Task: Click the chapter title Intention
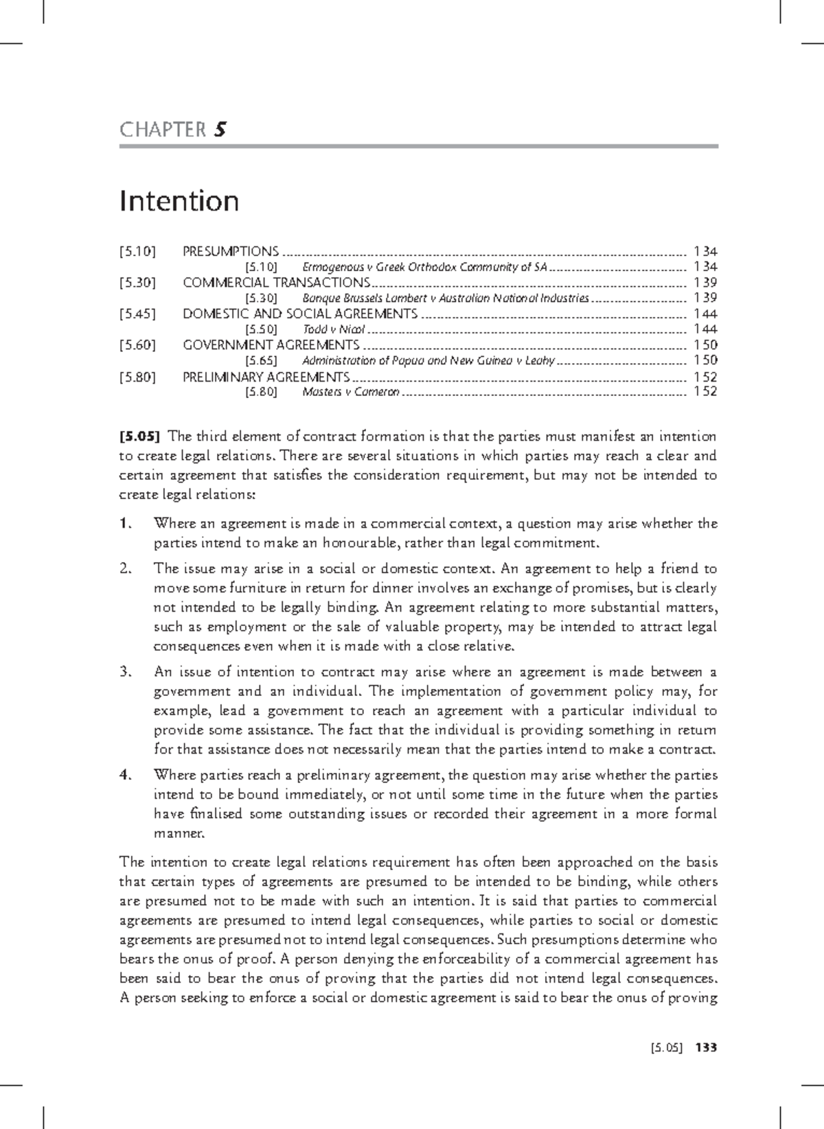pos(179,201)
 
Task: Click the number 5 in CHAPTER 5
pos(220,129)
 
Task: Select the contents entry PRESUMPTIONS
pos(231,251)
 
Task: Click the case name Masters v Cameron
pos(350,392)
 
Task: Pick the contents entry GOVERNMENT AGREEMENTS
pos(271,345)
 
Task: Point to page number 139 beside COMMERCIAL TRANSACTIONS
pos(705,283)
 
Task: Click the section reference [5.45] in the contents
pos(137,314)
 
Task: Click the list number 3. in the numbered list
pos(125,672)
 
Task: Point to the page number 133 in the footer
pos(705,1048)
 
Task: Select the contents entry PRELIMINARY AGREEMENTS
pos(266,376)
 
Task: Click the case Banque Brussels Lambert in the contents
pos(445,298)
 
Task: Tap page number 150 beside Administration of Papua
pos(705,360)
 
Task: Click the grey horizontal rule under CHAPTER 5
pos(419,146)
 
